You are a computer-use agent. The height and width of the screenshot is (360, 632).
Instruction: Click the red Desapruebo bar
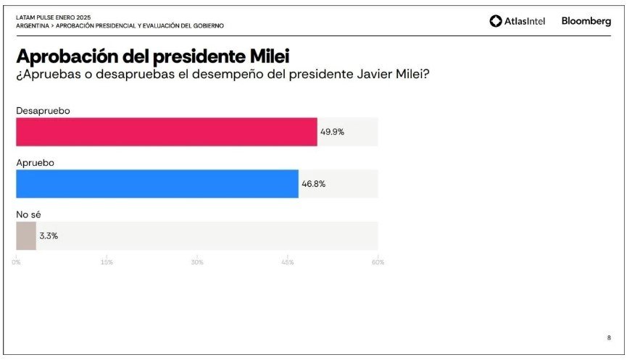coord(167,132)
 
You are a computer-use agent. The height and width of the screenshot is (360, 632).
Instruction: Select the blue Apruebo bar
coord(157,184)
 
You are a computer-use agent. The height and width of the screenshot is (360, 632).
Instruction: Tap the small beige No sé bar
coord(26,236)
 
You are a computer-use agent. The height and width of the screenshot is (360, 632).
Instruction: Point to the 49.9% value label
coord(332,132)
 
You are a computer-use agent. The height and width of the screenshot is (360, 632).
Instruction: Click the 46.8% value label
coord(313,184)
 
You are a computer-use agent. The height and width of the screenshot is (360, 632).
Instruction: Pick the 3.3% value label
coord(49,236)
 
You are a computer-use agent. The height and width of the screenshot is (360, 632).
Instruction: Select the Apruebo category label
coord(36,162)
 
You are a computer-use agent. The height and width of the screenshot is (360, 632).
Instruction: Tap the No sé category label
coord(30,214)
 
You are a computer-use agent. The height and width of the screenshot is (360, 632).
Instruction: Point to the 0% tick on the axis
coord(16,262)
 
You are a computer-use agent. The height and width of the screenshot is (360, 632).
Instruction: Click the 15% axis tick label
coord(107,262)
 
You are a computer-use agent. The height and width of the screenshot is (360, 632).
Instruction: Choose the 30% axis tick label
coord(197,262)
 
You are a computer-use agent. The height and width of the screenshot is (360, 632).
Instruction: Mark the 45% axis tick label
coord(288,262)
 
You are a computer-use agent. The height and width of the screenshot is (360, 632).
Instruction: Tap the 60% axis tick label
coord(378,262)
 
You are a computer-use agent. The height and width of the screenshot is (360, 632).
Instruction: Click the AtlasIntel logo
coord(517,21)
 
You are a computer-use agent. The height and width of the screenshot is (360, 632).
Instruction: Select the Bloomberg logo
coord(586,21)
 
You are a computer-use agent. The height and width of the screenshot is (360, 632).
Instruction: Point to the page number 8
coord(608,338)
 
